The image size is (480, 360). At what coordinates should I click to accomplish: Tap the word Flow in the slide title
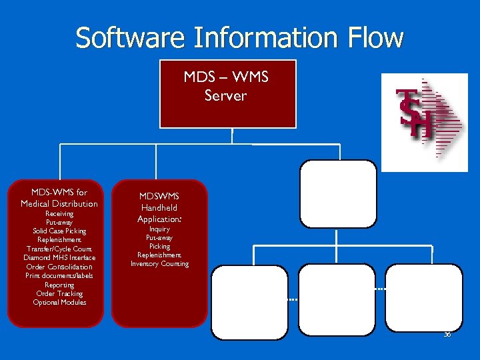click(375, 37)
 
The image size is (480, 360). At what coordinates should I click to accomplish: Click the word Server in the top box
click(225, 95)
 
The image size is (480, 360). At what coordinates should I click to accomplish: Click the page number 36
click(447, 334)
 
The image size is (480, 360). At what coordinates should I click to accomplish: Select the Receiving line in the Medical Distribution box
click(59, 214)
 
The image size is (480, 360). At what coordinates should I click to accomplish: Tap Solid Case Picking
click(59, 231)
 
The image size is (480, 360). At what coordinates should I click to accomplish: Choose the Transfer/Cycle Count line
click(59, 249)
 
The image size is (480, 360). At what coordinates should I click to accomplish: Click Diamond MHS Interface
click(59, 257)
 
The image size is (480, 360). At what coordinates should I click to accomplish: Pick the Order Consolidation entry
click(59, 267)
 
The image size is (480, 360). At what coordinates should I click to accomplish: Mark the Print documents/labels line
click(59, 275)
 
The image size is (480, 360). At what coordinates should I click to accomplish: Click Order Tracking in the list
click(59, 293)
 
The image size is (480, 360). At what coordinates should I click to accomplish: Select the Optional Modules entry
click(59, 302)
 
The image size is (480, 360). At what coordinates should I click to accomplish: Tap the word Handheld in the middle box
click(159, 207)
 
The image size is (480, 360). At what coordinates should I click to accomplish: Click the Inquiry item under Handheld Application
click(159, 229)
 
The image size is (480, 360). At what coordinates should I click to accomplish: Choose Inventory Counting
click(159, 264)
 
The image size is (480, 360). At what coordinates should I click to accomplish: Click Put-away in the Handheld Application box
click(159, 238)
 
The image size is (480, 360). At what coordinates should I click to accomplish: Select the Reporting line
click(59, 285)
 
